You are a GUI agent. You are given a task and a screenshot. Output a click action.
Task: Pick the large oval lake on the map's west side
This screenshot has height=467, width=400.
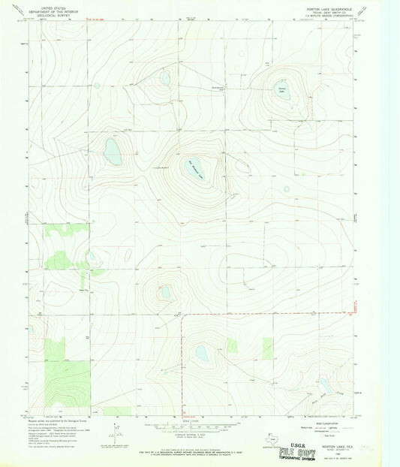click(x=113, y=151)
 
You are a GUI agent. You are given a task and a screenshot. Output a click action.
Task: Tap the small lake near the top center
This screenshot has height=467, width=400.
click(x=164, y=77)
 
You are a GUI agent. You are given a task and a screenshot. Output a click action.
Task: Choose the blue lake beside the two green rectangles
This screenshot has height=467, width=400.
click(x=201, y=351)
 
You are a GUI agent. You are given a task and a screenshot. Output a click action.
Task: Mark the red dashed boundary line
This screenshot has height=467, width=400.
click(x=263, y=312)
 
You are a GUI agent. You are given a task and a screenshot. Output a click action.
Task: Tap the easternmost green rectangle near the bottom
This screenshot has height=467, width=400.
click(x=267, y=348)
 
